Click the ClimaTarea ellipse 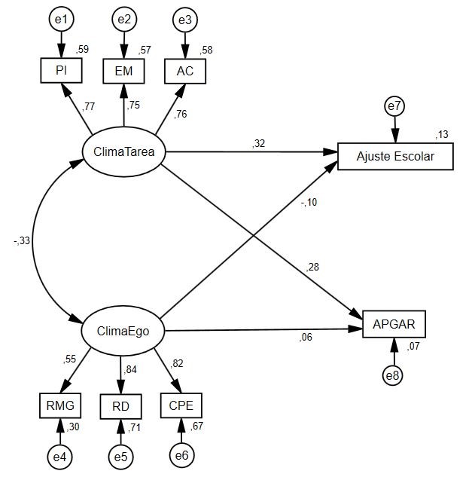pos(124,152)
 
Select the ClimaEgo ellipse pos(123,330)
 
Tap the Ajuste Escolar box pos(396,157)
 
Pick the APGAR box pos(394,324)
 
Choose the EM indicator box pos(123,71)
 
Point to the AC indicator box pos(184,71)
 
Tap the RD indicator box pos(121,406)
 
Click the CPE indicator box pos(181,405)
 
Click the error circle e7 pos(394,106)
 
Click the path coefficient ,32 pos(259,143)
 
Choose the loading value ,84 pos(132,368)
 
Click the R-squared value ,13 pos(441,135)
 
